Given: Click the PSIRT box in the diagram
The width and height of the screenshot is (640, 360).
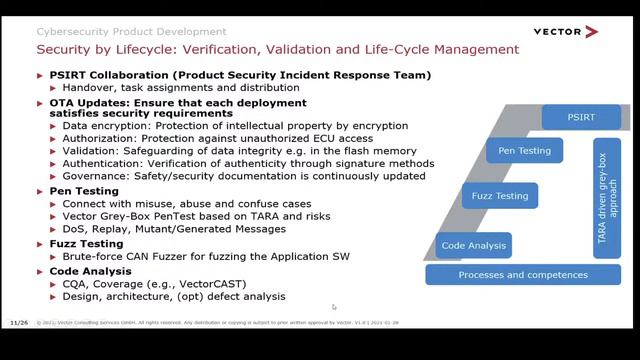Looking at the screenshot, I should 580,117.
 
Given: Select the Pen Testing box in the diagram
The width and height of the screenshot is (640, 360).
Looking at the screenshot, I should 518,151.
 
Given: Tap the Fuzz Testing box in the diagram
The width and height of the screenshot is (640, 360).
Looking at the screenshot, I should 499,196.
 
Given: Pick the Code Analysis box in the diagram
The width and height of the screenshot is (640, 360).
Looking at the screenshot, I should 475,244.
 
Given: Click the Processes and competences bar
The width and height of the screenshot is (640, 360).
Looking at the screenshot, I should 523,274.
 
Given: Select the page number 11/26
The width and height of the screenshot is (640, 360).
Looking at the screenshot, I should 18,323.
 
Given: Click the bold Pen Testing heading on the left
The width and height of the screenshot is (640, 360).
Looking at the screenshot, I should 84,190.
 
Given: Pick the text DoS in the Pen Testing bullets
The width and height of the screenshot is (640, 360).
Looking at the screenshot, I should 74,228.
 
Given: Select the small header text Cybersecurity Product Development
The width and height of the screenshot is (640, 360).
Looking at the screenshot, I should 131,32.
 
